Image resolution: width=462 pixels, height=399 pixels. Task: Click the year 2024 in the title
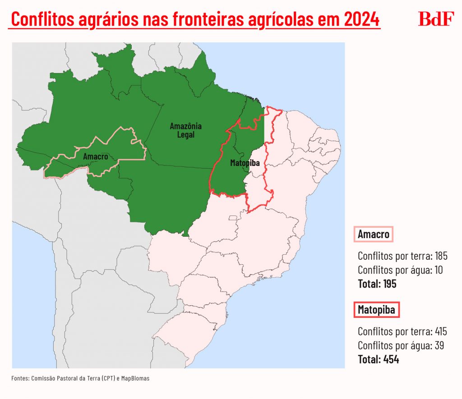coord(361,20)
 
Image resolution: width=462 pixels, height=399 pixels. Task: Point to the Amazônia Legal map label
coord(185,130)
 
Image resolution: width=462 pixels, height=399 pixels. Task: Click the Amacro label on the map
coord(96,156)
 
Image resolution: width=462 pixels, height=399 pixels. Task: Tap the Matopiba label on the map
coord(245,163)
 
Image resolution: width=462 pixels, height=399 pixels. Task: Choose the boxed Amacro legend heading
coord(373,234)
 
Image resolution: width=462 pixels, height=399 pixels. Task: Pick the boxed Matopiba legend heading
coord(376,310)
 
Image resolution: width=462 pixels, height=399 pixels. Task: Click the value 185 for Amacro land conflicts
coord(441,256)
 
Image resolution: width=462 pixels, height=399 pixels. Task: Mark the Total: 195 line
coord(377,284)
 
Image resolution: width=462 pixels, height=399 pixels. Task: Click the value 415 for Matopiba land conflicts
coord(441,332)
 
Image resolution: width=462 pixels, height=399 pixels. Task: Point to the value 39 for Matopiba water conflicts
coord(438,346)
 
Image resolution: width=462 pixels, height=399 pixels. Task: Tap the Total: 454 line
coord(378,360)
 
